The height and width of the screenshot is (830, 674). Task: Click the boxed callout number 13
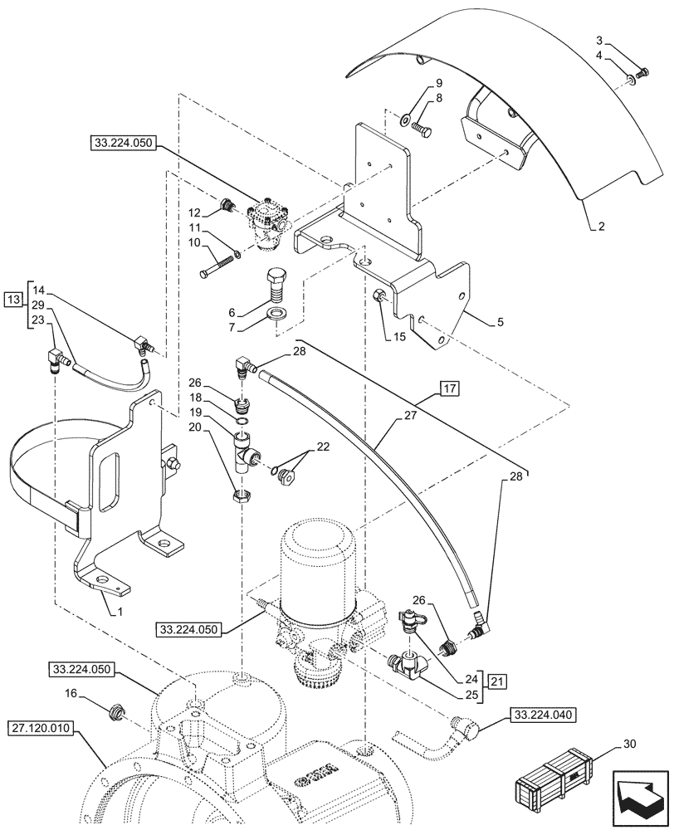point(14,299)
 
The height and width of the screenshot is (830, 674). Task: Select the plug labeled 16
point(117,710)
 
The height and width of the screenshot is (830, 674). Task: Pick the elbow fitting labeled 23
point(59,359)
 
